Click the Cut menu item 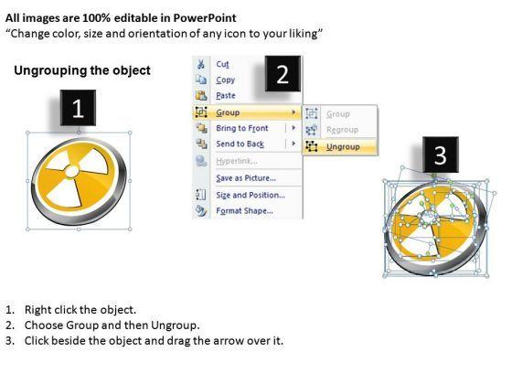(x=222, y=64)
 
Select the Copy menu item (x=225, y=80)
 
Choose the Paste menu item (x=226, y=96)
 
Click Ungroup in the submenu (x=343, y=147)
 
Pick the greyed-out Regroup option (x=342, y=130)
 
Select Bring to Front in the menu (x=242, y=128)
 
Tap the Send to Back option (x=240, y=144)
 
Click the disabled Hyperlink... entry (x=237, y=161)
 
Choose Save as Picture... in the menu (x=246, y=178)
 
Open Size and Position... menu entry (x=251, y=196)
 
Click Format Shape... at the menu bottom (x=245, y=211)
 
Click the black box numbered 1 (x=78, y=108)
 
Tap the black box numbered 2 (x=283, y=74)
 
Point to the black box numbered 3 (x=441, y=155)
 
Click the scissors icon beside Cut (x=201, y=64)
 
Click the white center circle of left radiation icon (x=72, y=171)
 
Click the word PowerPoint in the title (x=205, y=18)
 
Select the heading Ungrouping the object (x=82, y=70)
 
